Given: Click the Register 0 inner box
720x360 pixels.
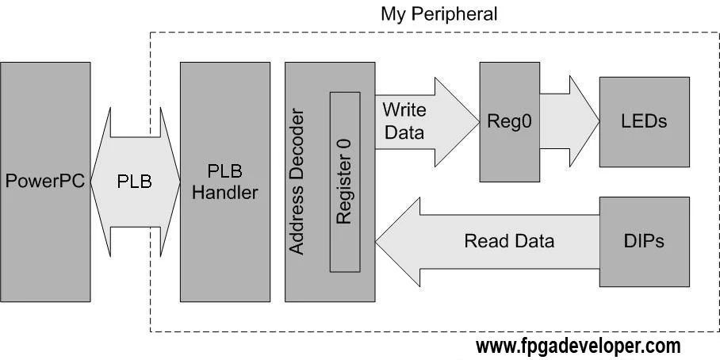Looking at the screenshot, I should coord(344,182).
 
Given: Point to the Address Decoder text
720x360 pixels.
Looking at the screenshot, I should coord(297,182).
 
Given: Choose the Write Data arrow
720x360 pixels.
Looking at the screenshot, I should coord(420,121).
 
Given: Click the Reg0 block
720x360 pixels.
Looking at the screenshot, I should coord(506,122).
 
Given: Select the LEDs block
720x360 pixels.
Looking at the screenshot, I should coord(644,122).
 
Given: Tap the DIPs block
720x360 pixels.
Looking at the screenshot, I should coord(644,241).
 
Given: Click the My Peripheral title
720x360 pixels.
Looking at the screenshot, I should coord(439,13).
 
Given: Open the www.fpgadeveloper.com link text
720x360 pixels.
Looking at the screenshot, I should coord(577,347).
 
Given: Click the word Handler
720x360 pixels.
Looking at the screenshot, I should coord(225,192).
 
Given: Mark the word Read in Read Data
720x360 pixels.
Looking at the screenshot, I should coord(484,241).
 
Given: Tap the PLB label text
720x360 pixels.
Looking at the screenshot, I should coord(134,181).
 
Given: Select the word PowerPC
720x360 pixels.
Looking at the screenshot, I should coord(45,181).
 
